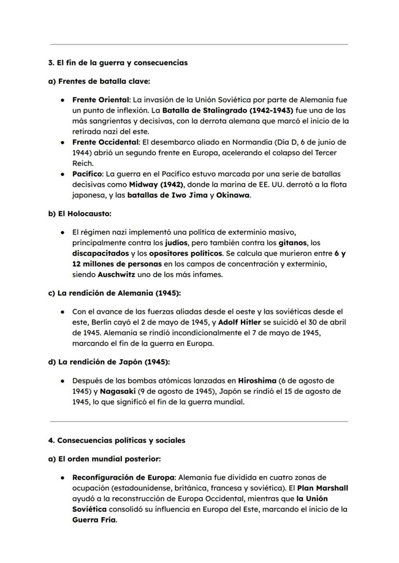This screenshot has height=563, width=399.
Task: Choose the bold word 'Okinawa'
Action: pyautogui.click(x=233, y=195)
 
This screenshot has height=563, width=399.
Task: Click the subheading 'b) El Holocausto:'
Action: pyautogui.click(x=80, y=213)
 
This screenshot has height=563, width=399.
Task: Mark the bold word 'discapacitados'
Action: pyautogui.click(x=101, y=253)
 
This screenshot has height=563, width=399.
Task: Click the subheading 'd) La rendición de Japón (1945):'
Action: pyautogui.click(x=109, y=362)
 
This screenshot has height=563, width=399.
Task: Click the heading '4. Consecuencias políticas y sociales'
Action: pyautogui.click(x=117, y=440)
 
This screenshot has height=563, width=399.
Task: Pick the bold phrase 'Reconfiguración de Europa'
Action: pyautogui.click(x=123, y=477)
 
